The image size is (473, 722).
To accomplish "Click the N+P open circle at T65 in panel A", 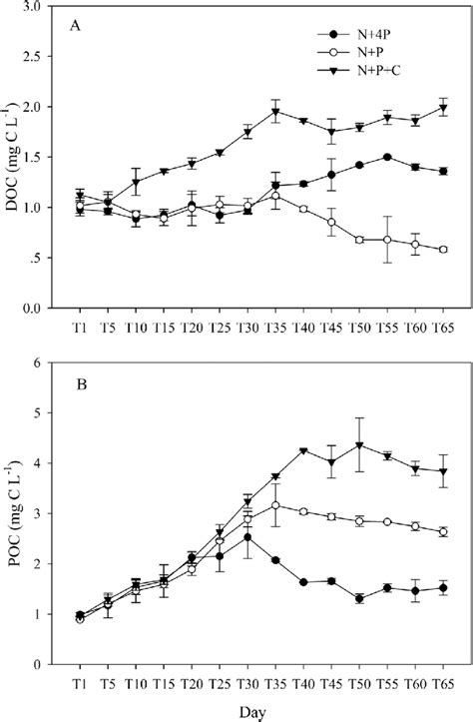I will click(x=442, y=250).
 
